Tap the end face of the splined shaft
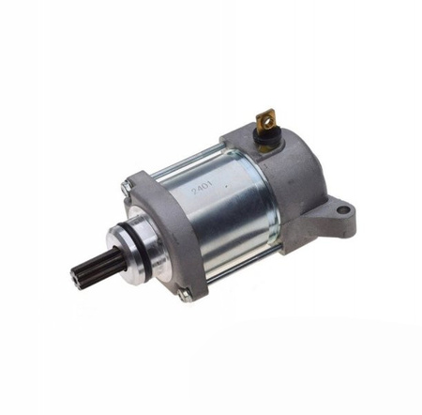[75, 279]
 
